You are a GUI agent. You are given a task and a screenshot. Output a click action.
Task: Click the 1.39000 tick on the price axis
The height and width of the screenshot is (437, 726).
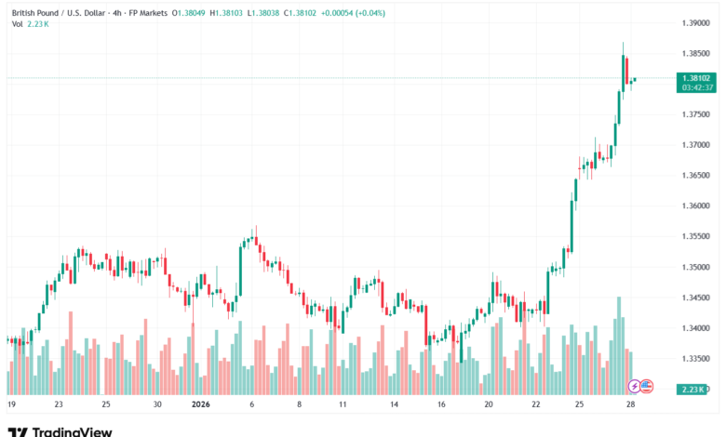click(696, 22)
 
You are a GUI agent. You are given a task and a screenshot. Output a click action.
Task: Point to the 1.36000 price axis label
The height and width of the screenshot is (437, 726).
click(696, 205)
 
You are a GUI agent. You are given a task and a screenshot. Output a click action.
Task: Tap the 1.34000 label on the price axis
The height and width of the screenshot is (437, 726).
click(696, 327)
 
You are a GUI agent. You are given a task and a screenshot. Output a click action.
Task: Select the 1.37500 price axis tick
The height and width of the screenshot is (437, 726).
click(696, 114)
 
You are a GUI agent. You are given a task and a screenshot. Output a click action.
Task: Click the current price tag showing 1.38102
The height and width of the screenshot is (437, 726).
click(697, 78)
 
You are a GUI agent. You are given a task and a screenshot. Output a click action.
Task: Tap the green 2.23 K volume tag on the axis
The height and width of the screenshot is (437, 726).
click(697, 388)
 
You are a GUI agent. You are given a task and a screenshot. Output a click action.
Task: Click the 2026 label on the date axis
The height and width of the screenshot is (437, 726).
click(201, 405)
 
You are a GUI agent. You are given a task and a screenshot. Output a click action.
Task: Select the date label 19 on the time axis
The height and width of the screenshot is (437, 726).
click(11, 405)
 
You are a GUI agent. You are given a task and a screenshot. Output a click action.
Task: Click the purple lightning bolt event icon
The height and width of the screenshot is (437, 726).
click(635, 386)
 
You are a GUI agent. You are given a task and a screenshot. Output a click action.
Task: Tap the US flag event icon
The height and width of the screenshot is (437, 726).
click(647, 386)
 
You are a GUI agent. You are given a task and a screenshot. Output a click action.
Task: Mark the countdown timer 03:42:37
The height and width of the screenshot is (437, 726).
click(697, 87)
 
